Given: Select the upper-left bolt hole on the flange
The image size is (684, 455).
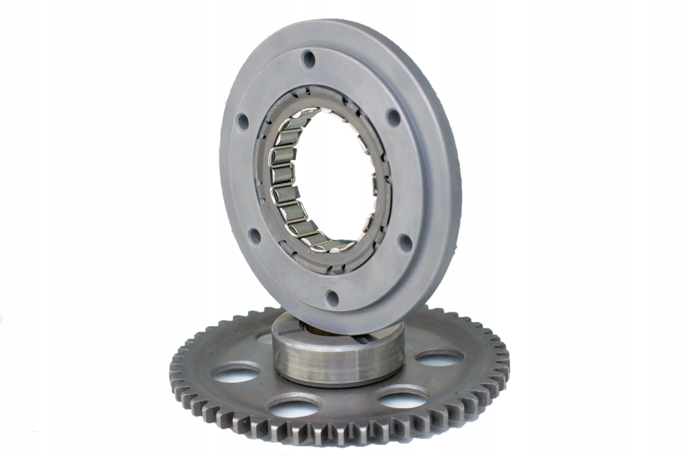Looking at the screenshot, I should (242, 122).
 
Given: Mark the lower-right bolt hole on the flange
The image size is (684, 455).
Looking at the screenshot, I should (405, 243).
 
